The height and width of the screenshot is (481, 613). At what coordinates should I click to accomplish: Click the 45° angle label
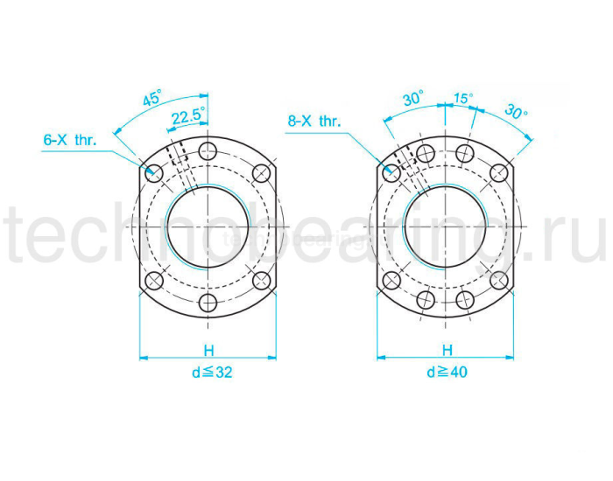tap(151, 98)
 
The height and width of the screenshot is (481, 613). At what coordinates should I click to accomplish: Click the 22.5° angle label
tap(189, 116)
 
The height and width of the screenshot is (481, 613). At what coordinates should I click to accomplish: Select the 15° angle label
tap(463, 98)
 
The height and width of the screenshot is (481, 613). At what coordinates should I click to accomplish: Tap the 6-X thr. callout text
tap(70, 140)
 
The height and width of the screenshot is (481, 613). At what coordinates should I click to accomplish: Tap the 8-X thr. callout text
tap(314, 121)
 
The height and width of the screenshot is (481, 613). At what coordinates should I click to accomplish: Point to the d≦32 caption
tap(212, 373)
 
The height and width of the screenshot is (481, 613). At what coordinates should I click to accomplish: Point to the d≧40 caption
tap(447, 372)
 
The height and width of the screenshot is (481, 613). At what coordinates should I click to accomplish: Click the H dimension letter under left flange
tap(208, 350)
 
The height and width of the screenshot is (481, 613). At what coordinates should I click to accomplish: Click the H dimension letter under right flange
tap(447, 350)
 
